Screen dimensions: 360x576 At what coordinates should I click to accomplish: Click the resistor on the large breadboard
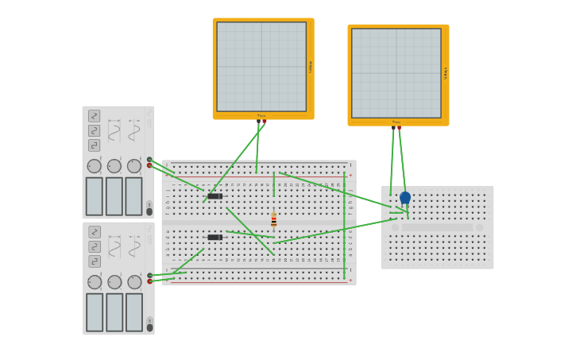pyautogui.click(x=273, y=220)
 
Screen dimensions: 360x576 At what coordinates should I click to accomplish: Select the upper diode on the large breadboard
pyautogui.click(x=215, y=195)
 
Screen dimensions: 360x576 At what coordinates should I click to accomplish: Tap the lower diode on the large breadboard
pyautogui.click(x=215, y=237)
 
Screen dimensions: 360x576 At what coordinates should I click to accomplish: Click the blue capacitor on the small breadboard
pyautogui.click(x=405, y=198)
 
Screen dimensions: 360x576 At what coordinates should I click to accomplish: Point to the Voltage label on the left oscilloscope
pyautogui.click(x=311, y=67)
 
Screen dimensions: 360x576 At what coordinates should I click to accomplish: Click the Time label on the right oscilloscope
pyautogui.click(x=396, y=122)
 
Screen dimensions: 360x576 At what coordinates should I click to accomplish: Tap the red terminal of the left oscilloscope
pyautogui.click(x=265, y=122)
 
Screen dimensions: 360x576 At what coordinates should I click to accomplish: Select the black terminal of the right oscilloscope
pyautogui.click(x=393, y=128)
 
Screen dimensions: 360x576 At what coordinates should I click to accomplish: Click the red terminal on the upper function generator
pyautogui.click(x=149, y=165)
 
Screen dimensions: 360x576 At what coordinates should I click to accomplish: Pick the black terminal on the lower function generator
pyautogui.click(x=149, y=275)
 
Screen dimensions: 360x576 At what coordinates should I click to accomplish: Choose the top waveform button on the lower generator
pyautogui.click(x=95, y=232)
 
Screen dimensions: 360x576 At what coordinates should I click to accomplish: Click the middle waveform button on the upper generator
pyautogui.click(x=95, y=130)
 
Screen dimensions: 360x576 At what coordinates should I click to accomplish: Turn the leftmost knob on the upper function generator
pyautogui.click(x=95, y=166)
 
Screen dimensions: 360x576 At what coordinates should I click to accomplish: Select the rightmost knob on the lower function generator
pyautogui.click(x=134, y=282)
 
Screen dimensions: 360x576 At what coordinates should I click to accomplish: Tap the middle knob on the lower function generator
pyautogui.click(x=114, y=282)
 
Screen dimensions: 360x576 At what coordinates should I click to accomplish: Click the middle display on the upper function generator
pyautogui.click(x=114, y=196)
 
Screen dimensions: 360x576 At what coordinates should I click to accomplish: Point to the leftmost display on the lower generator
pyautogui.click(x=95, y=312)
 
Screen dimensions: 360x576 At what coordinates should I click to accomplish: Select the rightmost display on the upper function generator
pyautogui.click(x=133, y=196)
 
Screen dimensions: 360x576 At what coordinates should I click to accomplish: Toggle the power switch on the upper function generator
pyautogui.click(x=149, y=208)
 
